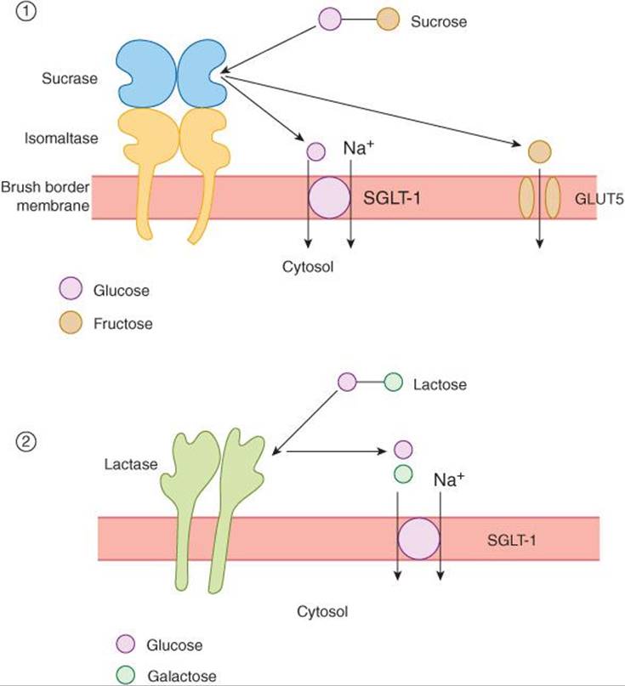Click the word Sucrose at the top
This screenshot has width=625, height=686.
(438, 21)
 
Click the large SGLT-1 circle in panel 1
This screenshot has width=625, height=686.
(328, 198)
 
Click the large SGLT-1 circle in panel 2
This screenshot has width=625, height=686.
(419, 538)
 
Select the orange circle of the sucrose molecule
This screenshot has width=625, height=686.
(389, 20)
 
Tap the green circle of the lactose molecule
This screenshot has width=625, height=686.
(393, 383)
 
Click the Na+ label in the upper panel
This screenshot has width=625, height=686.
(357, 149)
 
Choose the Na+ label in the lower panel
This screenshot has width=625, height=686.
(449, 480)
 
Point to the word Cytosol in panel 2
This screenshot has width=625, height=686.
(322, 610)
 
